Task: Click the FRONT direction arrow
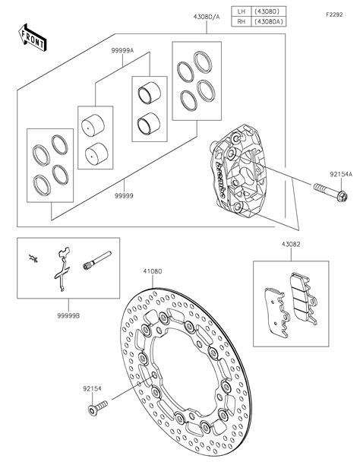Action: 33,38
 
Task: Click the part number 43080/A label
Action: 207,17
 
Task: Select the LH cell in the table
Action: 242,11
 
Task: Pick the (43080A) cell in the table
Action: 269,21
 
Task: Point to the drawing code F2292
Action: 334,14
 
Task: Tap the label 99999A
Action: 122,50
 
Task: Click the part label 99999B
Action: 68,316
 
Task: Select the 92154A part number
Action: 341,175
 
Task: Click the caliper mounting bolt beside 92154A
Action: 330,192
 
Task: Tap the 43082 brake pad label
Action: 291,245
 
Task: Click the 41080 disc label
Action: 153,271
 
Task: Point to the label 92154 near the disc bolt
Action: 92,388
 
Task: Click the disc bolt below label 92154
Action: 98,408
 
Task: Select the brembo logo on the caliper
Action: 220,180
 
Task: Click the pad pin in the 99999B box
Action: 97,261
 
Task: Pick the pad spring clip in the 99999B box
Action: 63,269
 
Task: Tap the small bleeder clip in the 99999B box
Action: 33,258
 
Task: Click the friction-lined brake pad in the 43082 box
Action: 304,299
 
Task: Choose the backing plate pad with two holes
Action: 277,312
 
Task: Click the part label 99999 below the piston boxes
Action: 124,196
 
